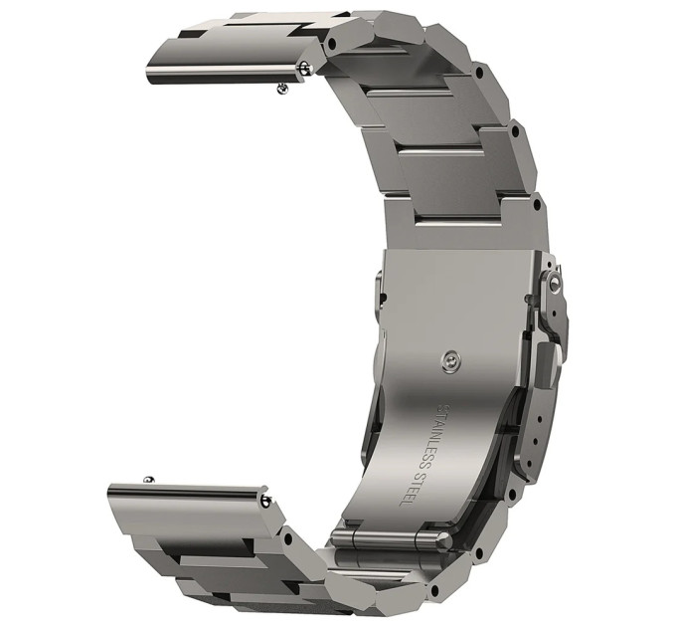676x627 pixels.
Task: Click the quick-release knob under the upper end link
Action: pyautogui.click(x=282, y=89)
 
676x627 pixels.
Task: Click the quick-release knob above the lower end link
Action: pyautogui.click(x=149, y=480)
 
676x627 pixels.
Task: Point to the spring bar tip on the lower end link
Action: pyautogui.click(x=264, y=501)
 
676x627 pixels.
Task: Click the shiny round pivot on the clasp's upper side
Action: pyautogui.click(x=554, y=283)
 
